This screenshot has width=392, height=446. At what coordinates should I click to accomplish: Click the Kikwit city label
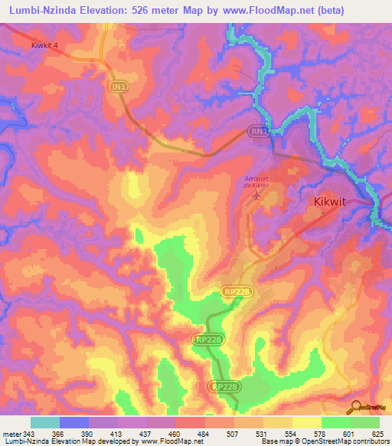pyautogui.click(x=335, y=202)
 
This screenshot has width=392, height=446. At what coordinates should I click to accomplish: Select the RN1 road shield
pyautogui.click(x=260, y=132)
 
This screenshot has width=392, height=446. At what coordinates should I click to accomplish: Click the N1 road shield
pyautogui.click(x=118, y=88)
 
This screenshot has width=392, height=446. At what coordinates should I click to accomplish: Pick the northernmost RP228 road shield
pyautogui.click(x=237, y=292)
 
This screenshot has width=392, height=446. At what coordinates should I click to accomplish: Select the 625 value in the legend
pyautogui.click(x=379, y=435)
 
